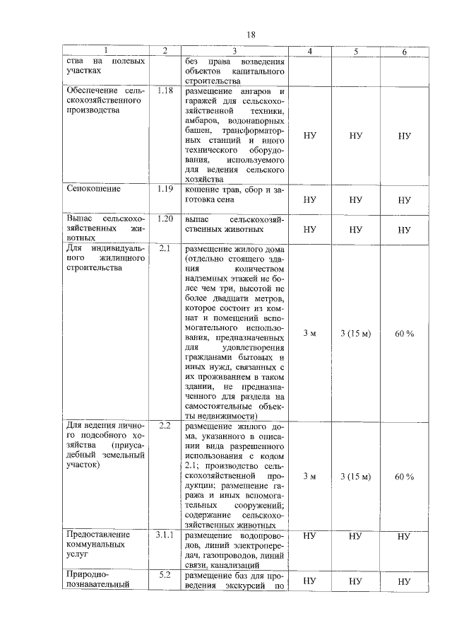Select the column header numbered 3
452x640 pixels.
[x=234, y=51]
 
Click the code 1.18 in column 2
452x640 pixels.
[x=165, y=92]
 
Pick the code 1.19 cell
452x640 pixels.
[x=165, y=190]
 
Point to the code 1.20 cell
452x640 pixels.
[x=165, y=219]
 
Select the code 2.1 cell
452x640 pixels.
[x=165, y=249]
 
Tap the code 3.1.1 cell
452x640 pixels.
[x=165, y=535]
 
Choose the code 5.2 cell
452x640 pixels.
[x=165, y=574]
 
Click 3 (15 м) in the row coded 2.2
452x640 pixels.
[x=355, y=477]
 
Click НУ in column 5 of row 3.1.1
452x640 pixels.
[x=355, y=537]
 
